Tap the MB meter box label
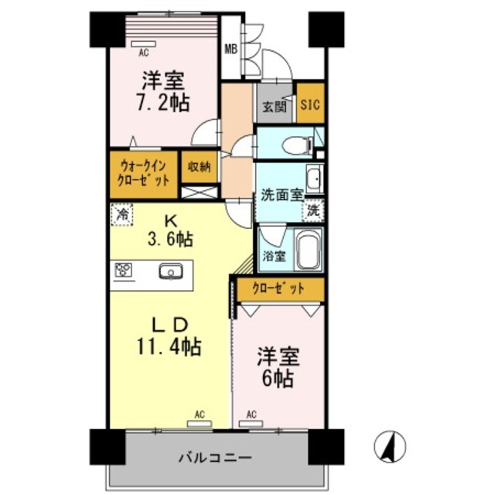coord(230,49)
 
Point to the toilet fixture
coord(296,144)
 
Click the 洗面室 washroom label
coord(280,195)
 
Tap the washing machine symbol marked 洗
coord(313,210)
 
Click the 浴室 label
coord(271,256)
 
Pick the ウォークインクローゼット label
coord(143,171)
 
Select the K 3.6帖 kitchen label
coord(170,230)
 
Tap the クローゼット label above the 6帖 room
coord(278,288)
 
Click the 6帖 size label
coord(275,370)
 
